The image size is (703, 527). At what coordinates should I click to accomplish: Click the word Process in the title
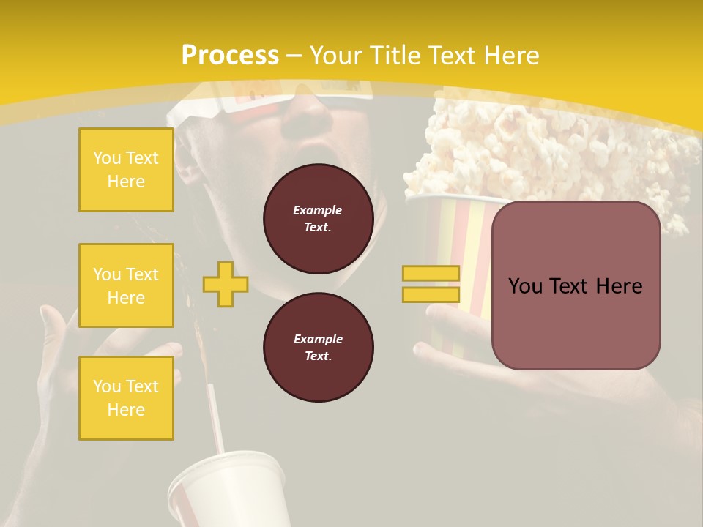(x=229, y=56)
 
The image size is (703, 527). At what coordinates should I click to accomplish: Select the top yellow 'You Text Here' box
(x=126, y=170)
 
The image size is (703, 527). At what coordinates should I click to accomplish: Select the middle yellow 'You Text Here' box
(x=126, y=285)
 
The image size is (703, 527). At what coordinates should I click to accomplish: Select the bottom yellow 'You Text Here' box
(x=126, y=397)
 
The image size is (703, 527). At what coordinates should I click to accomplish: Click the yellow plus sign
(x=226, y=284)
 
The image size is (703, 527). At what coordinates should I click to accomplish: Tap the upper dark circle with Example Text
(x=318, y=219)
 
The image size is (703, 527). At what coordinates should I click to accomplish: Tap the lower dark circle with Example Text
(x=318, y=348)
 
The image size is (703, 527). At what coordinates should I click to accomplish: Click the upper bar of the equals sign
(x=431, y=273)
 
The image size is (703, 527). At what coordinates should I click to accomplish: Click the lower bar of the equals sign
(x=431, y=294)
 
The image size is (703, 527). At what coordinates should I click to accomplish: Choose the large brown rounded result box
(x=576, y=285)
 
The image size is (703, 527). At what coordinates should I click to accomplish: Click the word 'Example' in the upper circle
(x=318, y=210)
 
